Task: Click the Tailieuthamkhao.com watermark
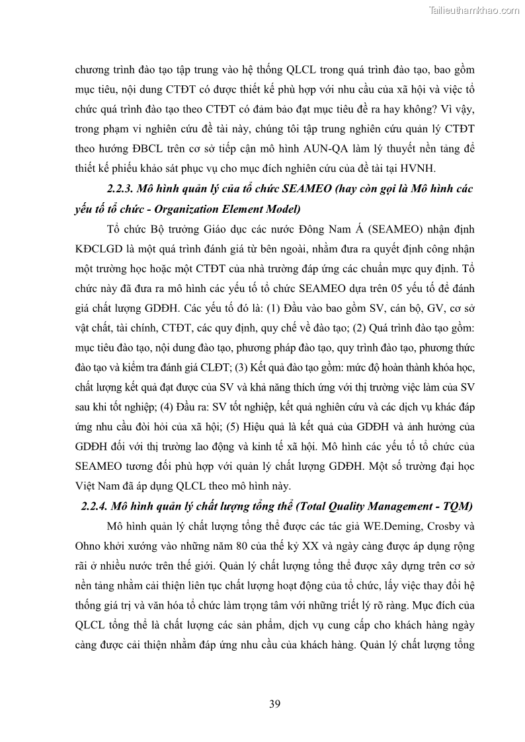(x=475, y=9)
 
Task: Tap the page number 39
(x=275, y=703)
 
